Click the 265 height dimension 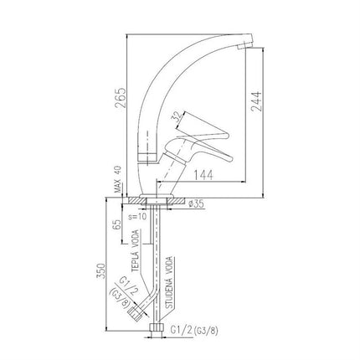[x=121, y=98]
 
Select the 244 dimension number [x=256, y=101]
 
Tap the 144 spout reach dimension [x=203, y=175]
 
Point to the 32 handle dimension [x=177, y=118]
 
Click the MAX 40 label [x=118, y=179]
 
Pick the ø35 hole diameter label [x=197, y=204]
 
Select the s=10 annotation [x=137, y=217]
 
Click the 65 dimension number [x=117, y=224]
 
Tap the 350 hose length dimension [x=100, y=270]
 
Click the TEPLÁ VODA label [x=136, y=250]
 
